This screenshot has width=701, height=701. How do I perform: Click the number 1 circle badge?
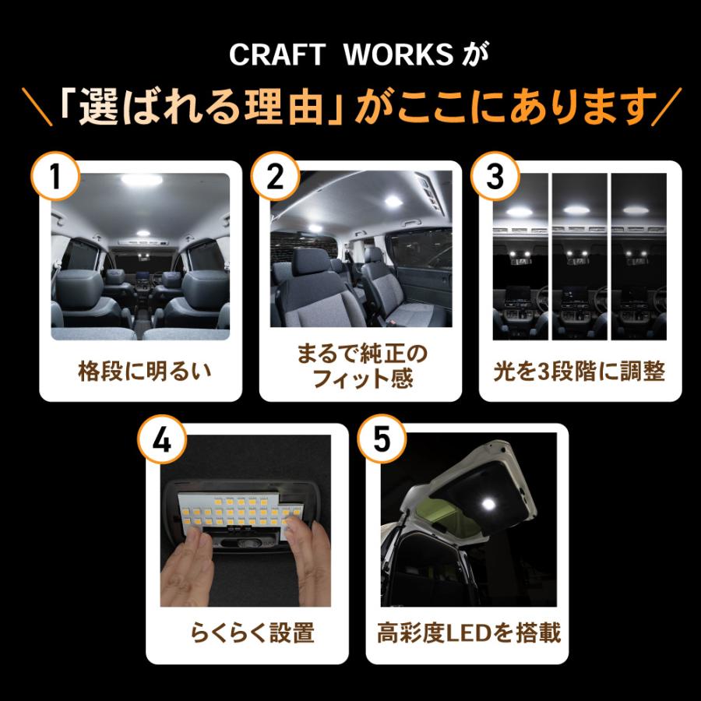pos(55,179)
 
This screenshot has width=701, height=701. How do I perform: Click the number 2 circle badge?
pos(274,179)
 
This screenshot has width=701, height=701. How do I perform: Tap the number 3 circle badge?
pos(494,179)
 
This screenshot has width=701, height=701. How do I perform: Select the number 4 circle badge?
pos(164,442)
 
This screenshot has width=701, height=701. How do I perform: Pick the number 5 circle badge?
pos(381,442)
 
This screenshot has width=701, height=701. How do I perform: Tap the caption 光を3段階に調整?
pos(580,372)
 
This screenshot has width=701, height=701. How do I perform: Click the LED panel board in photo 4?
pos(234,510)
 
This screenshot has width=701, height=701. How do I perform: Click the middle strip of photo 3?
pos(580,257)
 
